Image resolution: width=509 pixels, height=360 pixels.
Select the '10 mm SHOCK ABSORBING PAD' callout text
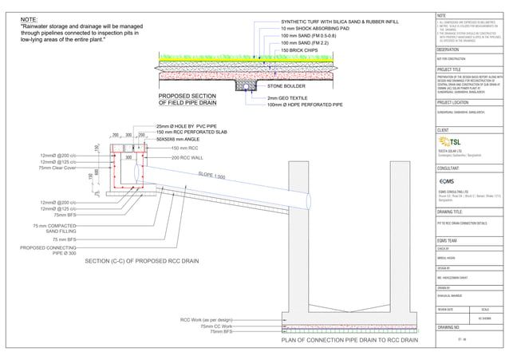(x=314, y=29)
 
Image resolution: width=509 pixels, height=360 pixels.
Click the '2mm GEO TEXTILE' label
(x=290, y=97)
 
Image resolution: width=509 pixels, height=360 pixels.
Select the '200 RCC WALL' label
(x=189, y=158)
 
